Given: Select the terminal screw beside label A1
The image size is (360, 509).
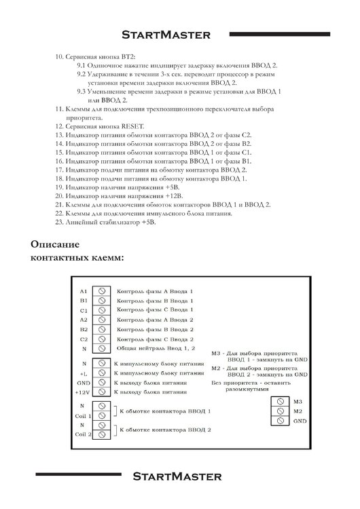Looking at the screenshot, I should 102,290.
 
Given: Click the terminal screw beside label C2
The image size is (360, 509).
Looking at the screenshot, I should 102,339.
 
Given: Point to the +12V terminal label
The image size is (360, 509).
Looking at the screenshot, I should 84,392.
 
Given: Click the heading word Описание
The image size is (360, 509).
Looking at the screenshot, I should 56,244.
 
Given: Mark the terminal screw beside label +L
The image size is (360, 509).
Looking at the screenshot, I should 102,373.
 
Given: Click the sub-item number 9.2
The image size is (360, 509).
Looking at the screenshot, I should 81,73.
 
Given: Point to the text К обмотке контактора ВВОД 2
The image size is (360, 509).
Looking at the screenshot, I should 165,430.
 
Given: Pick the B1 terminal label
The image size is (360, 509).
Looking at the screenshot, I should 84,300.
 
